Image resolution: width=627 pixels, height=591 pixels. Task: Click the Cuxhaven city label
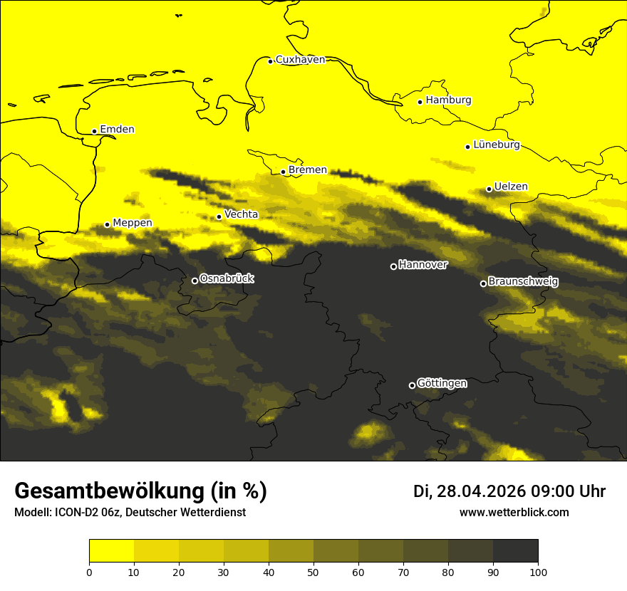tap(300, 60)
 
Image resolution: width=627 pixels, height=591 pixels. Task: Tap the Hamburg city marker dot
tap(420, 102)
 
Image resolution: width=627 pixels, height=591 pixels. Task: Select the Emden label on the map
tap(117, 130)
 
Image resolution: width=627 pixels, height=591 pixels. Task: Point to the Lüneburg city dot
tap(468, 147)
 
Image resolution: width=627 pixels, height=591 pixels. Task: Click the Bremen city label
tap(308, 170)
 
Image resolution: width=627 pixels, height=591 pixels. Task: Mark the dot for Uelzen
tap(489, 189)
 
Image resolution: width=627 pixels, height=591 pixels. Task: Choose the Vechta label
tap(241, 214)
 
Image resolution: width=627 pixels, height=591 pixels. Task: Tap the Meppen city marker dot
tap(108, 224)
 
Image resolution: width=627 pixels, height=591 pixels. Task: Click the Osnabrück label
tap(227, 279)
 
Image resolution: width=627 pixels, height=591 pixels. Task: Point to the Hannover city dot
tap(393, 266)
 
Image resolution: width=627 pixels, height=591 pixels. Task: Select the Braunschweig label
tap(523, 282)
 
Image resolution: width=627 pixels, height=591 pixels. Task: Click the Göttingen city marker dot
tap(412, 385)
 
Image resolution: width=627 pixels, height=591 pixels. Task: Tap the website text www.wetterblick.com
tap(514, 513)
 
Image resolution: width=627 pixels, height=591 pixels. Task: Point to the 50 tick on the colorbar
tap(313, 572)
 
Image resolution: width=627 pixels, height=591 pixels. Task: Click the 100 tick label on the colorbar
tap(538, 572)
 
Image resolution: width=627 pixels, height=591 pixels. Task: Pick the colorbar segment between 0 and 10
tap(112, 551)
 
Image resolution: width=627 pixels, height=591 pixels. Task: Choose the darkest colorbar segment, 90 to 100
tap(515, 551)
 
